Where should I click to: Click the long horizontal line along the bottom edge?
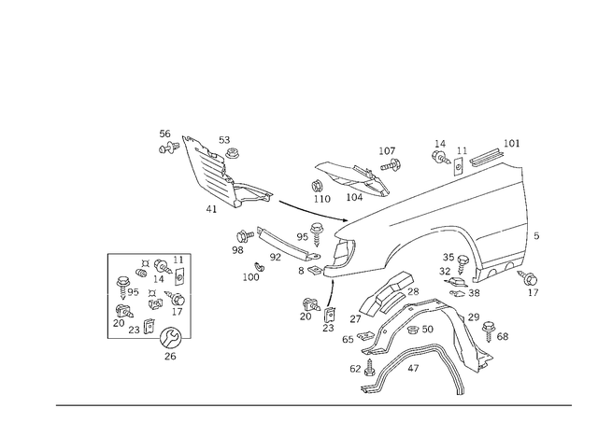tap(313, 405)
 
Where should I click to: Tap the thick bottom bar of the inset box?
tap(149, 337)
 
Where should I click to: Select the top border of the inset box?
tap(149, 253)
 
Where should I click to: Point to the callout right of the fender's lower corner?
tap(533, 280)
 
